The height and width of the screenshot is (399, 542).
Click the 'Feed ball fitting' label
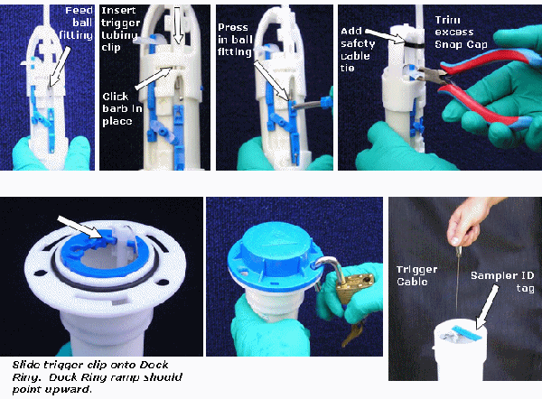pyautogui.click(x=76, y=23)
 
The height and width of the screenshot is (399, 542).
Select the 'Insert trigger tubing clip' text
pyautogui.click(x=120, y=29)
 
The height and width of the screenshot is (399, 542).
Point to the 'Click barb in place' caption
pyautogui.click(x=122, y=108)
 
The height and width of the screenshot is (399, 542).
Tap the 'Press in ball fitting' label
pyautogui.click(x=235, y=40)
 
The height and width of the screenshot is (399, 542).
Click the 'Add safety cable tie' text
pyautogui.click(x=358, y=50)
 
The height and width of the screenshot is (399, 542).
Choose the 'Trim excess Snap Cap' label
pyautogui.click(x=461, y=32)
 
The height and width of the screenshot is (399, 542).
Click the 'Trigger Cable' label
pyautogui.click(x=416, y=275)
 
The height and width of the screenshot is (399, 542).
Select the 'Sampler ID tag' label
pyautogui.click(x=502, y=282)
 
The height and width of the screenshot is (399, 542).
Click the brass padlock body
pyautogui.click(x=355, y=286)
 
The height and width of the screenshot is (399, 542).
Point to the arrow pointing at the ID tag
pyautogui.click(x=487, y=307)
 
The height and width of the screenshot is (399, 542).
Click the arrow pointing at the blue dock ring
pyautogui.click(x=81, y=227)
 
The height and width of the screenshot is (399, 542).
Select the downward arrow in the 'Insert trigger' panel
pyautogui.click(x=178, y=25)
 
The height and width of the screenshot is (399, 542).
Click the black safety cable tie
pyautogui.click(x=413, y=45)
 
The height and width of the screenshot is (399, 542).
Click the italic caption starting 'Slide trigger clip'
pyautogui.click(x=98, y=377)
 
